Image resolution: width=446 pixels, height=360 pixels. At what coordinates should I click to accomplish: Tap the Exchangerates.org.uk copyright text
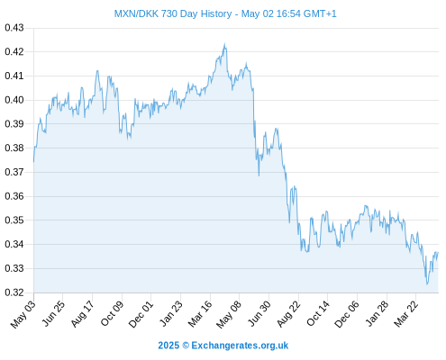tap(223, 346)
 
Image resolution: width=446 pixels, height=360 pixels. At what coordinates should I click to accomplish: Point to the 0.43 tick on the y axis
tap(14, 28)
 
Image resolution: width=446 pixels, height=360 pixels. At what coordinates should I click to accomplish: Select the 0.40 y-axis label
tap(14, 100)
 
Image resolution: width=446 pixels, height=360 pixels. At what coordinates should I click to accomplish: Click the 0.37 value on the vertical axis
tap(14, 172)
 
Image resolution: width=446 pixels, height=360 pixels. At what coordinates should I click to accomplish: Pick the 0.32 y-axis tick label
tap(14, 292)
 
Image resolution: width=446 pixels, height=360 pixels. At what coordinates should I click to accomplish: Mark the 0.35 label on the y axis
tap(14, 220)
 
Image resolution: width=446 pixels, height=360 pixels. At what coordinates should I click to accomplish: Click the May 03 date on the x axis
tap(23, 314)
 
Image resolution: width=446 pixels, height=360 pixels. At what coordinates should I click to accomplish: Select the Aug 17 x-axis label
tap(82, 314)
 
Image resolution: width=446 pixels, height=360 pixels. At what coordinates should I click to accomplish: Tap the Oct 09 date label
tap(112, 314)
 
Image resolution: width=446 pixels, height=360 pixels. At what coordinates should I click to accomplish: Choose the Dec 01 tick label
tap(141, 314)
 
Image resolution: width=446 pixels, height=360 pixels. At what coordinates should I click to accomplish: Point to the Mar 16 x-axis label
tap(200, 314)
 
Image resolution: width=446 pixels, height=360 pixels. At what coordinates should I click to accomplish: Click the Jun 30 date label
tap(259, 314)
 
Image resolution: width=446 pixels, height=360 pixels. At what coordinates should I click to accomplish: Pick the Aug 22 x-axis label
tap(288, 314)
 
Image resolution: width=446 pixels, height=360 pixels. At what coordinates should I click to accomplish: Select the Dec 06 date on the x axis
tap(347, 314)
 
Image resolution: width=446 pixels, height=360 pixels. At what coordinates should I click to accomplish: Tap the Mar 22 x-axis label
tap(405, 314)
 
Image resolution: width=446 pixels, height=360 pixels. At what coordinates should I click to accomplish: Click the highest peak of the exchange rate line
tap(224, 44)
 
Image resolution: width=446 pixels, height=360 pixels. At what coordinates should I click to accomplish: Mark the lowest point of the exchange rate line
tap(427, 284)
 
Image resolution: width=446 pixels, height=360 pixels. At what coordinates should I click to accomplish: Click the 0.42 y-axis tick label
tap(14, 52)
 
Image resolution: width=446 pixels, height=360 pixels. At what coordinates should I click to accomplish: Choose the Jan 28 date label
tap(377, 314)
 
